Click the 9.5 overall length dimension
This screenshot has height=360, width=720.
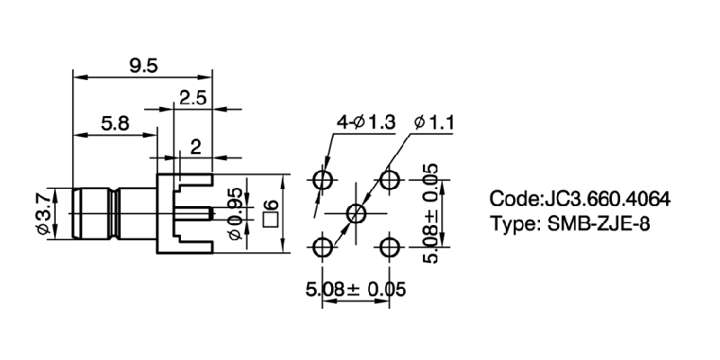[x=142, y=64]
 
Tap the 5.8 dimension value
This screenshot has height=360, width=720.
[x=113, y=125]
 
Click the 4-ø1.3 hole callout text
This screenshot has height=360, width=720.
[x=366, y=122]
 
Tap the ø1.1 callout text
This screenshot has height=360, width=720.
[x=432, y=122]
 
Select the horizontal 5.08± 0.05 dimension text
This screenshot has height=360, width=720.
[x=356, y=290]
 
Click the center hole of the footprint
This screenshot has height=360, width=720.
[x=356, y=213]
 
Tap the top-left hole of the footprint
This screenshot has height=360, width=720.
[x=324, y=180]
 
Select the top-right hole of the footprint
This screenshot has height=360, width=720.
[x=389, y=180]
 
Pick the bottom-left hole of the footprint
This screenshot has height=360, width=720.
[x=324, y=246]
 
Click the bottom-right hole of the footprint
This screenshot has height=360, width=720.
[x=389, y=246]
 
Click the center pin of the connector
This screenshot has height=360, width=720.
[x=194, y=213]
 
